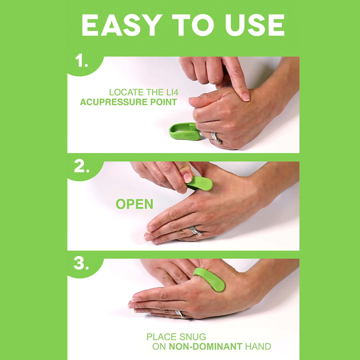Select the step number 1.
81,61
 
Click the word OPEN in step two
135,204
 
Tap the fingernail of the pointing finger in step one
246,97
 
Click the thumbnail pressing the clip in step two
187,178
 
